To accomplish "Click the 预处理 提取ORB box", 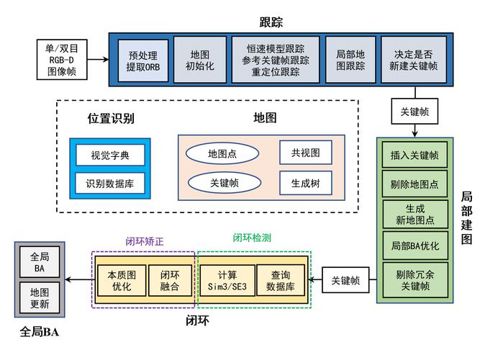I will pyautogui.click(x=142, y=60).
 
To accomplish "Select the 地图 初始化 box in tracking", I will pyautogui.click(x=199, y=60).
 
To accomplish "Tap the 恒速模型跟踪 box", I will pyautogui.click(x=275, y=60).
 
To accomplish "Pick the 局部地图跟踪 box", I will pyautogui.click(x=350, y=60).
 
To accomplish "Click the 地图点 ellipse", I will pyautogui.click(x=222, y=153).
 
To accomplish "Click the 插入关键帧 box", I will pyautogui.click(x=414, y=155).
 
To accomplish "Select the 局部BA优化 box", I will pyautogui.click(x=414, y=246).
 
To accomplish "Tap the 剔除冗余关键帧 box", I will pyautogui.click(x=414, y=279).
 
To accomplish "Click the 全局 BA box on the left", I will pyautogui.click(x=40, y=262).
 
